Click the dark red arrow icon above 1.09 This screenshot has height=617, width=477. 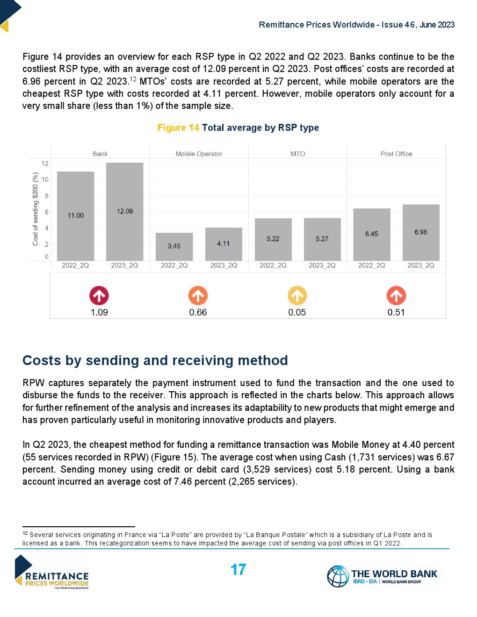99,295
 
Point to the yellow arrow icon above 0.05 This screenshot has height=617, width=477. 297,295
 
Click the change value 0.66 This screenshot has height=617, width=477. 198,312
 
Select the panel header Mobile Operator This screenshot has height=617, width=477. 199,154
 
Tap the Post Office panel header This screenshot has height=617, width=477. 396,154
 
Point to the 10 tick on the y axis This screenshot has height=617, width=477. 45,179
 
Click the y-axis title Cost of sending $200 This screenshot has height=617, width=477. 35,209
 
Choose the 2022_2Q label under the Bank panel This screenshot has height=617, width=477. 75,265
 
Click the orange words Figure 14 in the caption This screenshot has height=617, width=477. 178,128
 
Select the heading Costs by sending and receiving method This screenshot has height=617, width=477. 155,360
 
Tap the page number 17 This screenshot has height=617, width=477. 238,569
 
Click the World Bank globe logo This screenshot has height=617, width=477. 338,576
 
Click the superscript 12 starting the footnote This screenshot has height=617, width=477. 25,533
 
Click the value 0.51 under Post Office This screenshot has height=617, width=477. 396,312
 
